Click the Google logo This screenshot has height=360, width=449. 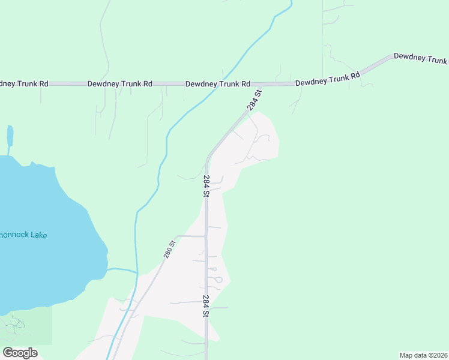(20, 352)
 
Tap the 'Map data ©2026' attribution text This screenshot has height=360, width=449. (423, 355)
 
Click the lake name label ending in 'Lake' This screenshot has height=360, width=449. (23, 235)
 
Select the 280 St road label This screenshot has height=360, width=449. (169, 249)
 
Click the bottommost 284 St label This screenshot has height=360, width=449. (206, 306)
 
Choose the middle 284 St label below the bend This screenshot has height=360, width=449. (206, 186)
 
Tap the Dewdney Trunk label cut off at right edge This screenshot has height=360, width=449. (420, 58)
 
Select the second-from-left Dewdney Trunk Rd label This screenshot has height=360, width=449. (119, 84)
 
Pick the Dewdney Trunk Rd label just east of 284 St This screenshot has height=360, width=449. (327, 79)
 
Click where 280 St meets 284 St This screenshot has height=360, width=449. (206, 236)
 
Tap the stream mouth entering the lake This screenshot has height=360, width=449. (109, 269)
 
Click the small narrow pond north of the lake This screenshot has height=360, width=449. (10, 137)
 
